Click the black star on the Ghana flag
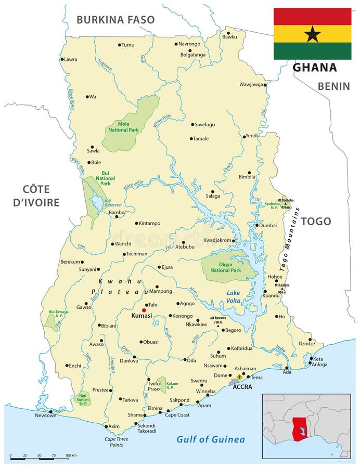(x=312, y=34)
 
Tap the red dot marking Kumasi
(x=144, y=310)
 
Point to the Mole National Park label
(x=123, y=127)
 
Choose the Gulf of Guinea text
(x=210, y=439)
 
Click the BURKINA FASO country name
(x=115, y=20)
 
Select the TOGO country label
(x=316, y=221)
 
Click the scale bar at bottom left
(x=38, y=458)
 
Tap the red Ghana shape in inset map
(x=300, y=430)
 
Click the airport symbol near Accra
(x=239, y=377)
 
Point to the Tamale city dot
(x=191, y=139)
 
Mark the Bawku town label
(x=229, y=37)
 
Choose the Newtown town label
(x=45, y=415)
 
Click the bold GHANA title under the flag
(x=315, y=68)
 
